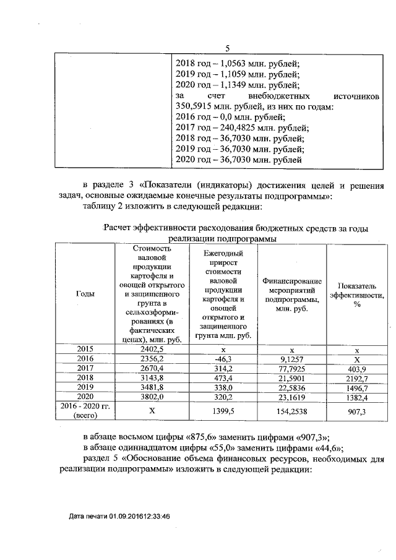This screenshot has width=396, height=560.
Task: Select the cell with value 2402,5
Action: pos(152,349)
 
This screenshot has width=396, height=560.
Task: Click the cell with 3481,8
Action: pos(152,386)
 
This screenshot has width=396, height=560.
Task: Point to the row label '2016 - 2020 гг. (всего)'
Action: pos(84,410)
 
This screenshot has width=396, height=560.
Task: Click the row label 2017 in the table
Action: pos(85,368)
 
